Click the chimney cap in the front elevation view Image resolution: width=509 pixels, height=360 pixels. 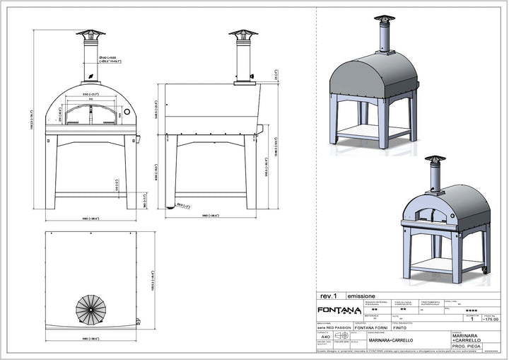[x=90, y=33]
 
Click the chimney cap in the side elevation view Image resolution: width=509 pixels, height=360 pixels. [x=242, y=33]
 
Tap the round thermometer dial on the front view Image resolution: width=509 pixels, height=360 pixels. [x=127, y=112]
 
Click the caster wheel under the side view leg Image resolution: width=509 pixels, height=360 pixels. [x=170, y=206]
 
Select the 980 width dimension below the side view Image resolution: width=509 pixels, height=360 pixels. [x=211, y=215]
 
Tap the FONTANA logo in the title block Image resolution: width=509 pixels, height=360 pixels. [x=337, y=309]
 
